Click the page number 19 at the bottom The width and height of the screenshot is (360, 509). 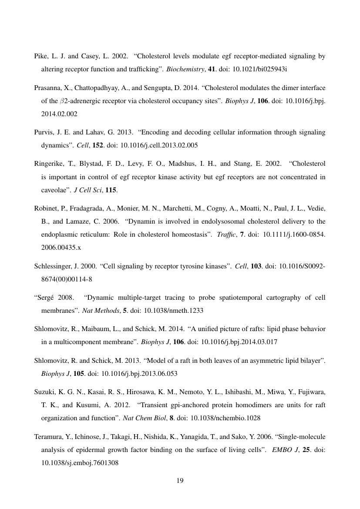click(x=180, y=481)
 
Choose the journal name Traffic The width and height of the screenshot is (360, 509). click(x=225, y=235)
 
